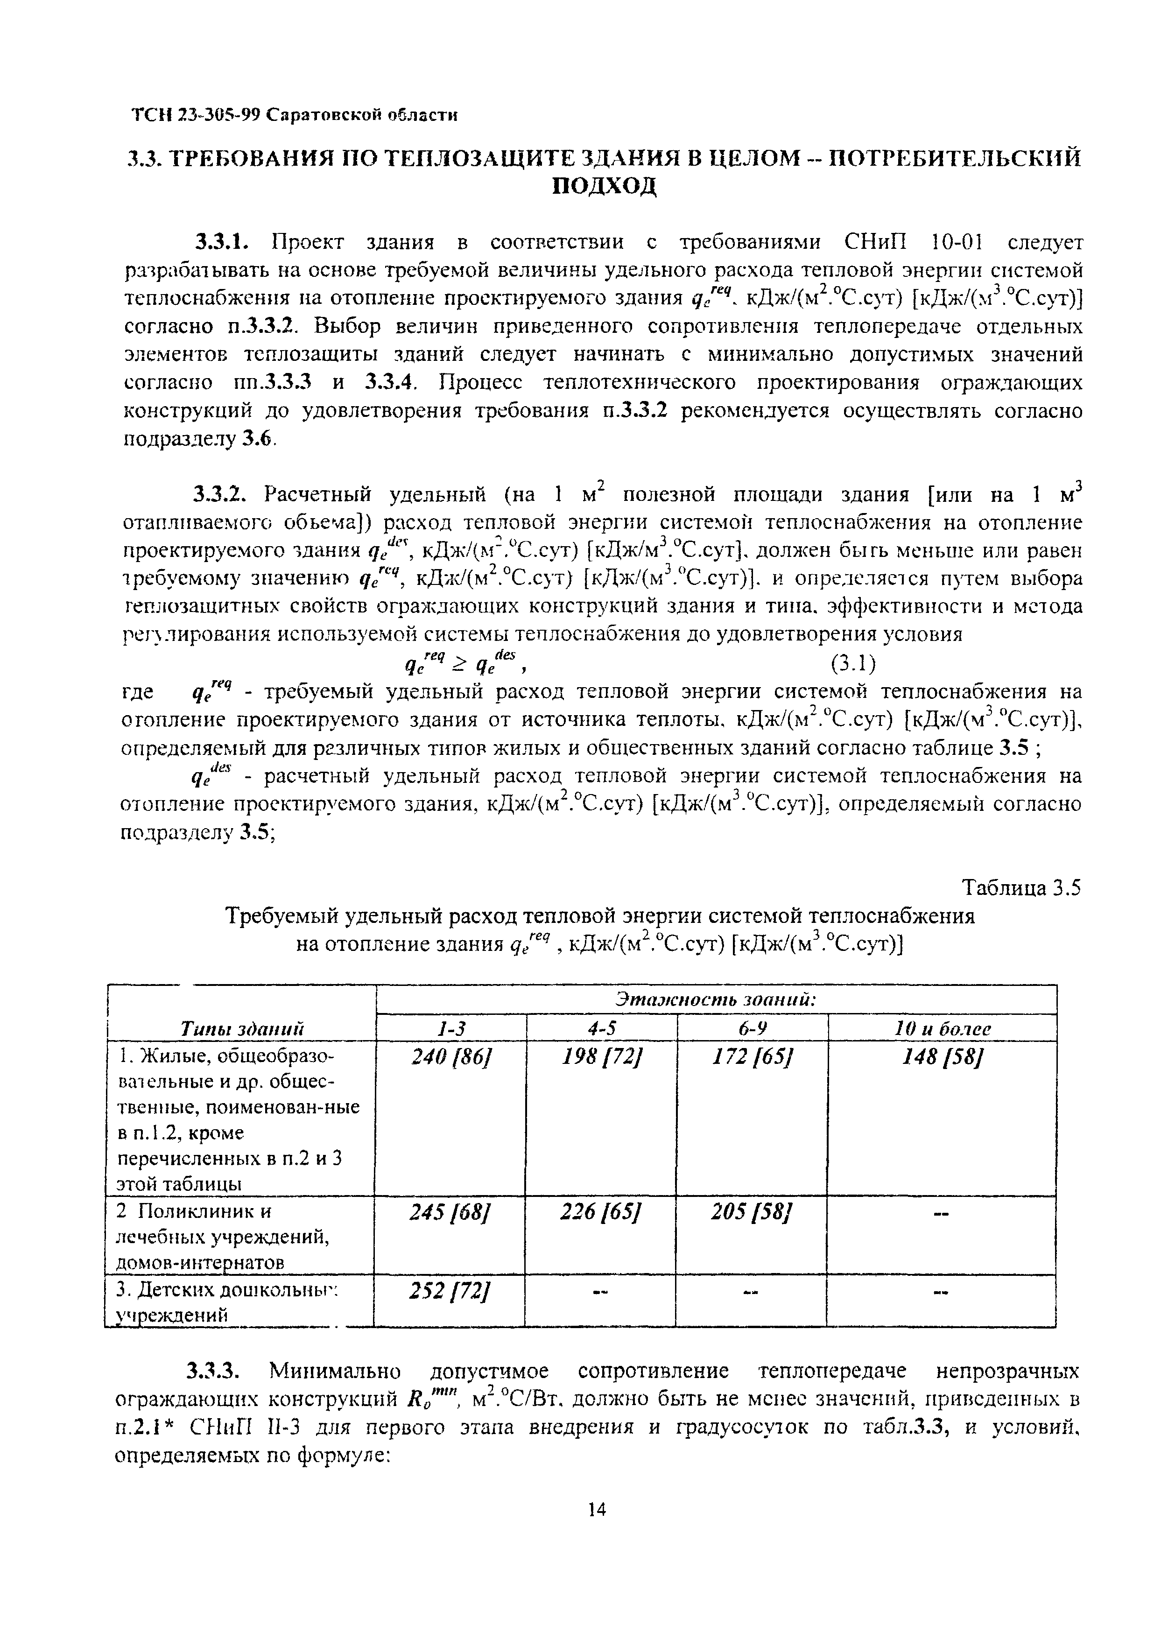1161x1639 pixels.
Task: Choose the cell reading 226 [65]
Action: [x=601, y=1211]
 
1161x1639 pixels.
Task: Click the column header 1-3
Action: [x=451, y=1028]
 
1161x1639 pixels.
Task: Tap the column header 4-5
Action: [x=602, y=1028]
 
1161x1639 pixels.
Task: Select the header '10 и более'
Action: [x=942, y=1028]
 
